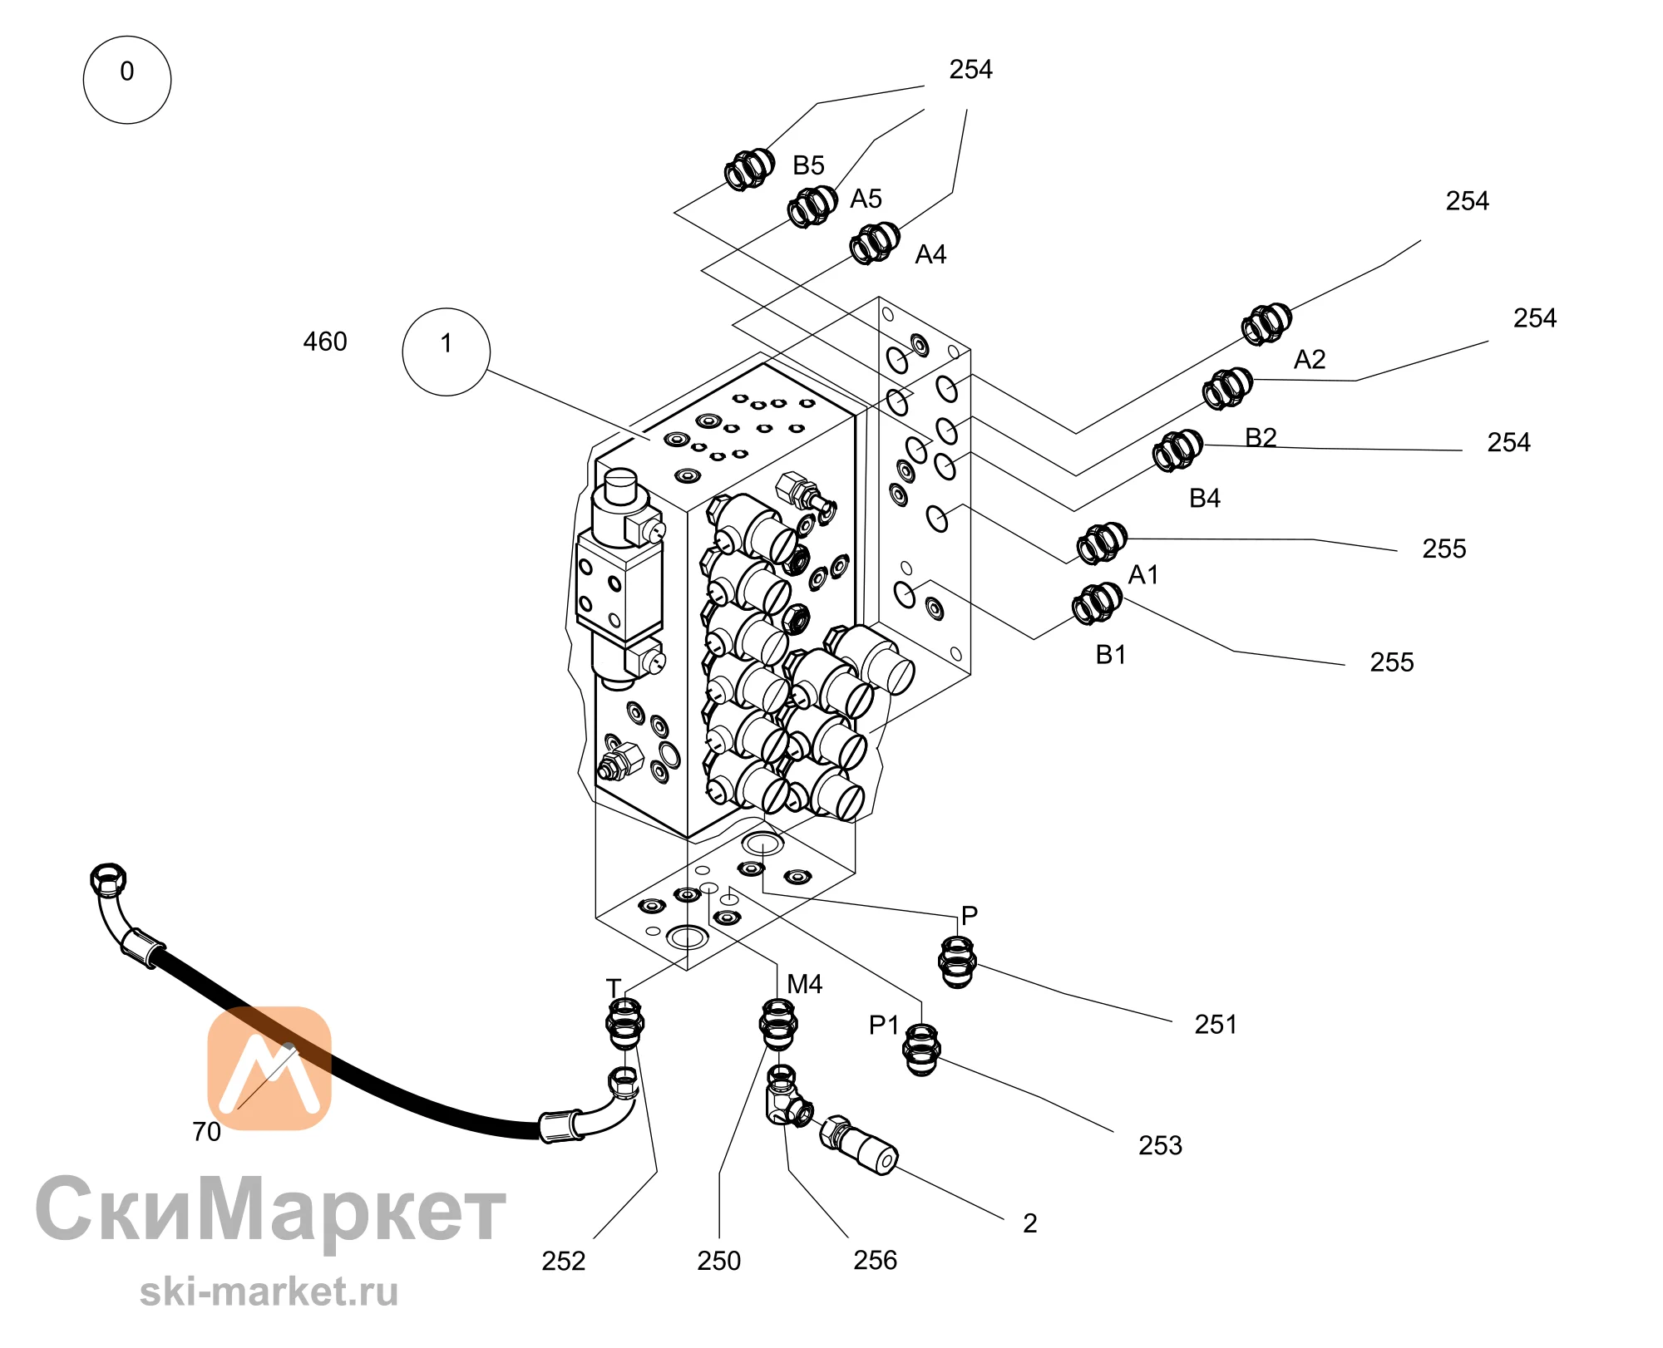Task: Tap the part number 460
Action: click(x=325, y=342)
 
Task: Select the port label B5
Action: click(x=808, y=165)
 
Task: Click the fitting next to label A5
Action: click(x=812, y=207)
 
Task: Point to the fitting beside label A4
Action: click(x=875, y=244)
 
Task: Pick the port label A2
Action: click(x=1310, y=360)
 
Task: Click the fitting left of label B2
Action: click(x=1227, y=388)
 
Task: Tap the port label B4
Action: click(x=1205, y=499)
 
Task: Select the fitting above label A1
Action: click(x=1102, y=544)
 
